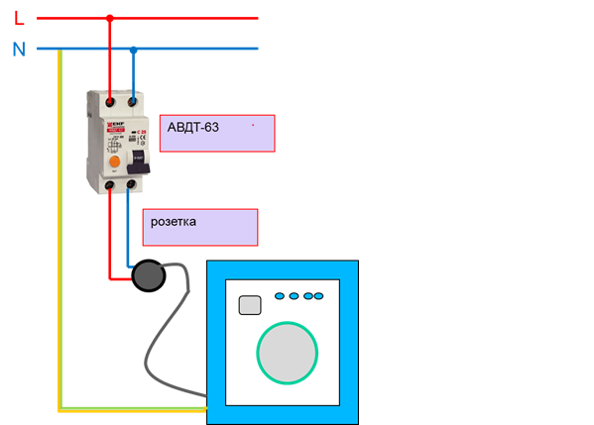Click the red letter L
(x=18, y=17)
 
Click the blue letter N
(x=19, y=49)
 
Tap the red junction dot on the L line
(x=109, y=17)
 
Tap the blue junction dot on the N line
(x=133, y=49)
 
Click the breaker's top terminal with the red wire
(x=109, y=99)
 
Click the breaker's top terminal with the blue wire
(x=132, y=99)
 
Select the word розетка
(x=174, y=222)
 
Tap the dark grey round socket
(x=151, y=276)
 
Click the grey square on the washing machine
(x=251, y=305)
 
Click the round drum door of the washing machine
(x=290, y=353)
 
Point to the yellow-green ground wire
(x=60, y=248)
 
